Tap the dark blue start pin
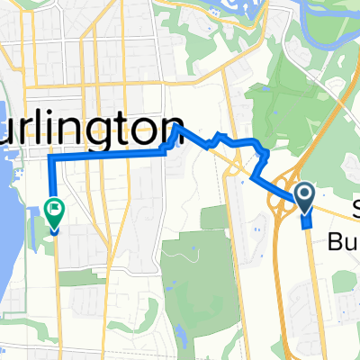(x=304, y=193)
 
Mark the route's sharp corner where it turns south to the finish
(x=49, y=157)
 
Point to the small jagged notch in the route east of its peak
(x=216, y=137)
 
